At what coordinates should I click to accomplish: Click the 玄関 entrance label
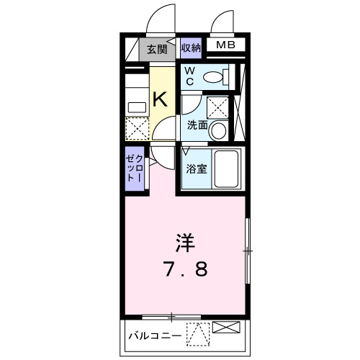(x=157, y=50)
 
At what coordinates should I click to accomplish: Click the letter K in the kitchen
(x=161, y=99)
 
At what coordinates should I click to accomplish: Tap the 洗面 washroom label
(x=197, y=125)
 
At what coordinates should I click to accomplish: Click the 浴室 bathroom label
(x=197, y=170)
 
